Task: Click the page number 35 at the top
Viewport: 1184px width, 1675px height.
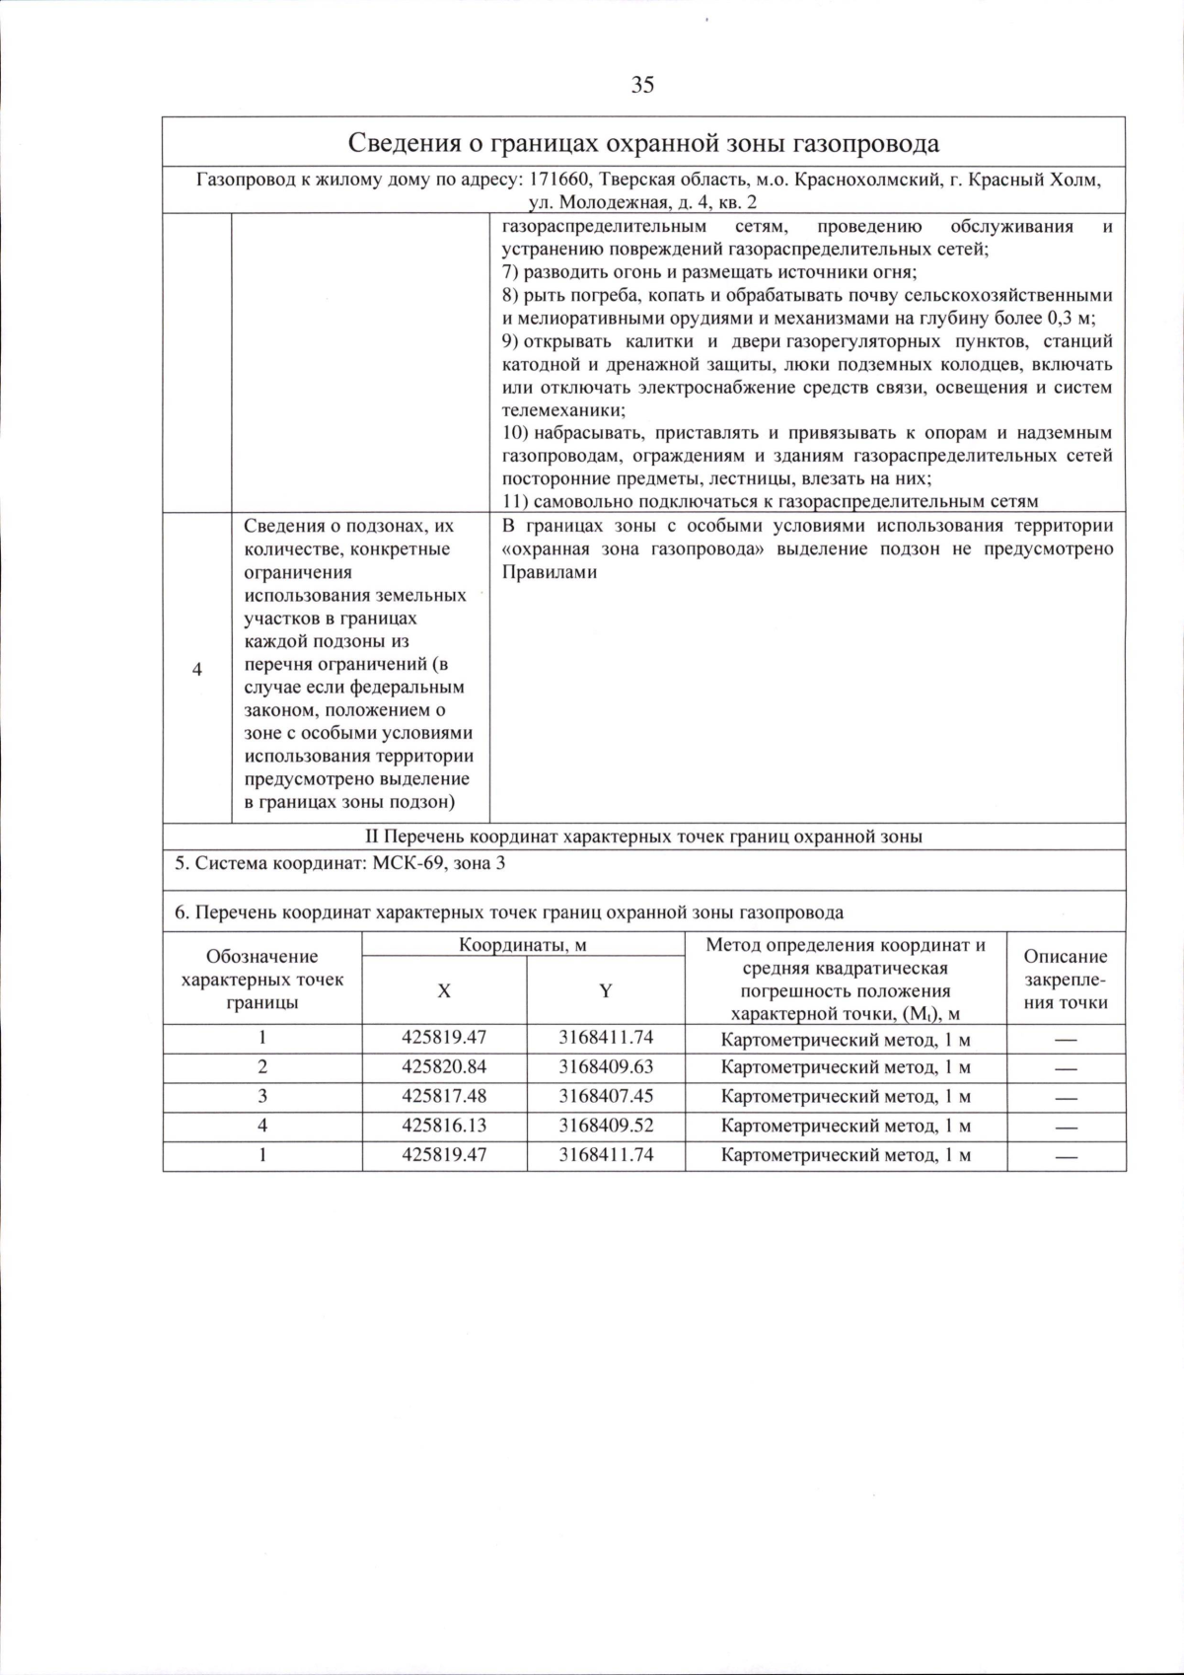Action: click(642, 85)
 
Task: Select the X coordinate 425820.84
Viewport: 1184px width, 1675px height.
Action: click(444, 1066)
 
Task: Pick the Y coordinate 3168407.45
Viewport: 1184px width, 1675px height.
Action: click(606, 1096)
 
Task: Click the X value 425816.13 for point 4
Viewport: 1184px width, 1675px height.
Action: click(444, 1126)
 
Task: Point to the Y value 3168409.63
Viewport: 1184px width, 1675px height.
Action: click(606, 1066)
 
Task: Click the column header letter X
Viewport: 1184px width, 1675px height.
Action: click(444, 991)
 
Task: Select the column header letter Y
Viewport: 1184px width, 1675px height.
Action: click(606, 991)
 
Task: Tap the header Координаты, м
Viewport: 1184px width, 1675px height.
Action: click(523, 945)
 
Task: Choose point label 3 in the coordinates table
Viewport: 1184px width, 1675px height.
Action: click(262, 1096)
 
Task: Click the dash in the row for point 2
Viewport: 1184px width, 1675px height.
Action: click(1066, 1068)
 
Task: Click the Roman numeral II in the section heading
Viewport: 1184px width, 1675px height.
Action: click(372, 837)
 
